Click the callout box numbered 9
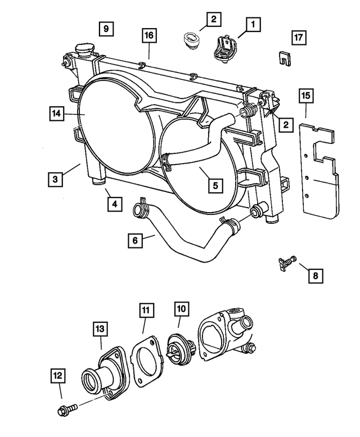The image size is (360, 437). [x=106, y=28]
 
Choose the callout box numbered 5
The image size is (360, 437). [x=214, y=184]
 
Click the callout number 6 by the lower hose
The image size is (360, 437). [x=135, y=240]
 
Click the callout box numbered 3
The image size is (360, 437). [x=55, y=179]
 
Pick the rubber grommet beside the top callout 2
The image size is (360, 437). [x=192, y=43]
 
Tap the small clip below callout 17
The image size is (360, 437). [x=285, y=57]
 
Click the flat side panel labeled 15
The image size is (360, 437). [x=319, y=174]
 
